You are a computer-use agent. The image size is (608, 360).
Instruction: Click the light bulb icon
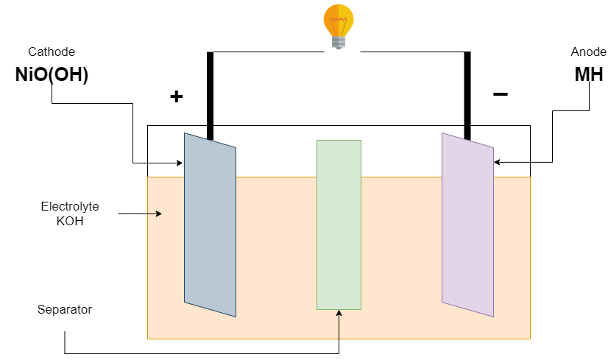click(339, 27)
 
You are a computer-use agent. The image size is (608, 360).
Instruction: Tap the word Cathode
click(52, 52)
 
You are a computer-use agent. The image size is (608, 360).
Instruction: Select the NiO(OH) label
click(52, 75)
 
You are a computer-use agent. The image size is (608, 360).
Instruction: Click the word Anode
click(589, 52)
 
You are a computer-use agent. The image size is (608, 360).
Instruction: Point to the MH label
click(589, 75)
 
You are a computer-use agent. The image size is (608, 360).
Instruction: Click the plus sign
click(176, 96)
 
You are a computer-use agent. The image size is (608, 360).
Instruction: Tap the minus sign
click(501, 93)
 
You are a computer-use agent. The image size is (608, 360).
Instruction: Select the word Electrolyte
click(70, 207)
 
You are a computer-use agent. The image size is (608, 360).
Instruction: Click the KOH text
click(70, 221)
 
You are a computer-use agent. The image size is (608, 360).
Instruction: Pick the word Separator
click(65, 309)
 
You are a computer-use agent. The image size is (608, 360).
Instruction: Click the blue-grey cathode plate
click(210, 225)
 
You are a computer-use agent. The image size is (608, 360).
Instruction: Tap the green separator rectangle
click(339, 225)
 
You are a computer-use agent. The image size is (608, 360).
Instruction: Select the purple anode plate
click(467, 225)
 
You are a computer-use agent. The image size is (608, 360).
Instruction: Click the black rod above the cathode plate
click(210, 96)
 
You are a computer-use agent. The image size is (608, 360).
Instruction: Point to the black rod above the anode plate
click(467, 96)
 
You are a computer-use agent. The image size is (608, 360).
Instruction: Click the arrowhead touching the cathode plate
click(180, 163)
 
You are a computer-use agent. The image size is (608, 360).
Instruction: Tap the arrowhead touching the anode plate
click(498, 162)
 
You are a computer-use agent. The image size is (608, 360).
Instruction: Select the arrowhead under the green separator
click(339, 314)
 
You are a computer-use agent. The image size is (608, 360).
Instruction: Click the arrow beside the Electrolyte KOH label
click(140, 214)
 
